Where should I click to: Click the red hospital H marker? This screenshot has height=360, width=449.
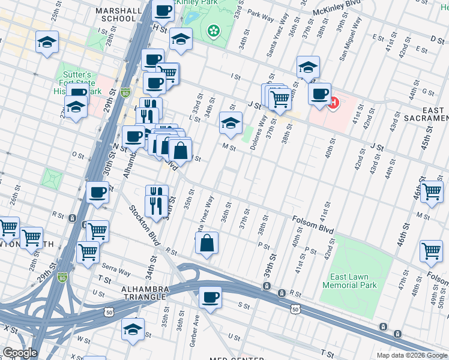pos(333,103)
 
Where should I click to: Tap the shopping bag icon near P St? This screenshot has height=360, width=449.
pos(206,243)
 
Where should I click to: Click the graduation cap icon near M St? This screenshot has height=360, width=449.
pos(230,123)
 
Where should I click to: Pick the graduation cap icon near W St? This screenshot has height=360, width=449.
pos(133,329)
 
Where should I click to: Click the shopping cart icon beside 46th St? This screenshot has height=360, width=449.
pos(432,191)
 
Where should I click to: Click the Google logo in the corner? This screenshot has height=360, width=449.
pos(19,353)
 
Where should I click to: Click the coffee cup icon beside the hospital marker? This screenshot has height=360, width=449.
pos(319,94)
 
